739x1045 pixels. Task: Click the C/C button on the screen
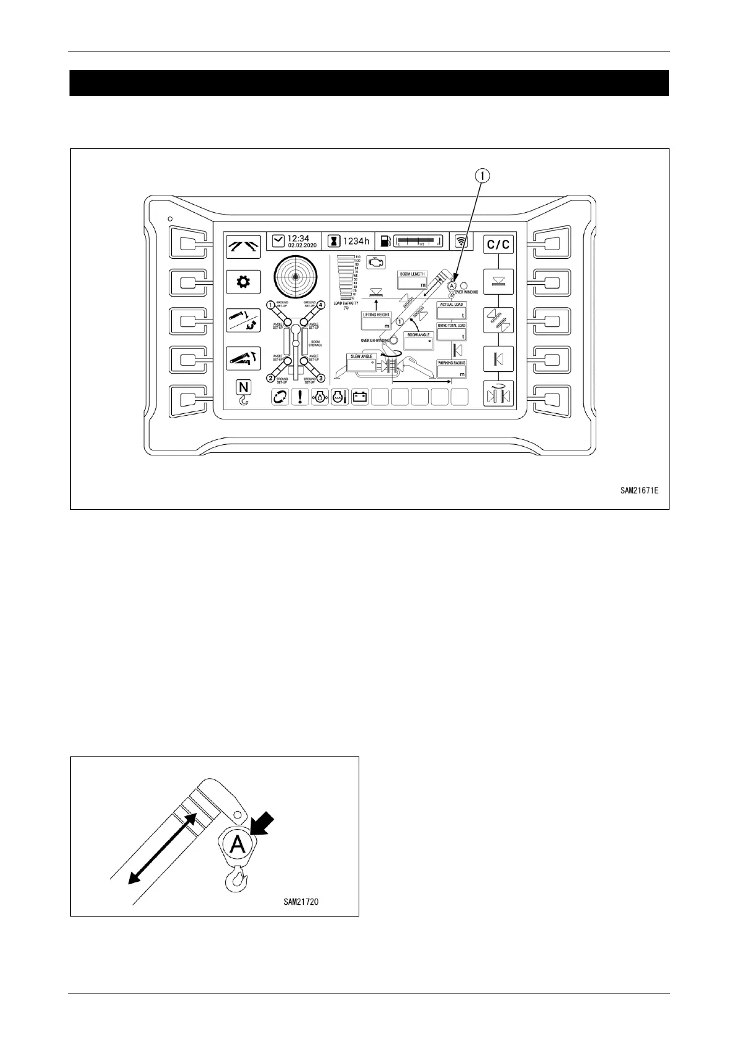pos(498,244)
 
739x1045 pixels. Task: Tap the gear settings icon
pos(243,283)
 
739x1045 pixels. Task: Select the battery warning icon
pos(360,397)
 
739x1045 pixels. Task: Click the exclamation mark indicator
pos(300,397)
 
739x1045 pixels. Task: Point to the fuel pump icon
pos(386,241)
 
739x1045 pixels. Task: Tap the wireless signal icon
pos(460,241)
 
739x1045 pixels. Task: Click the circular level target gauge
pos(295,277)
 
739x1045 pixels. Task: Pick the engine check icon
pos(375,262)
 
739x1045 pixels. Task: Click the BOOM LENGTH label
pos(413,274)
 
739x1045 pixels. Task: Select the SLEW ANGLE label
pos(362,357)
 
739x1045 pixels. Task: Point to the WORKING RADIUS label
pos(452,363)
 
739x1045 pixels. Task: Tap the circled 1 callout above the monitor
pos(483,176)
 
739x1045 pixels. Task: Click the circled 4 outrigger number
pos(321,305)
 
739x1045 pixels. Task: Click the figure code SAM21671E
pos(639,490)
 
